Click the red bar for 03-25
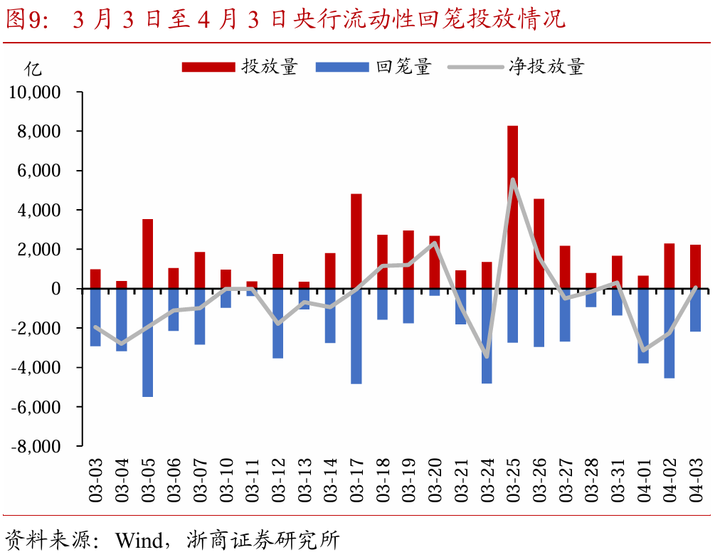512,206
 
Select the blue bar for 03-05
147,342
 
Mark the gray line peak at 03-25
512,179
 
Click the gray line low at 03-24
487,356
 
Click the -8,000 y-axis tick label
35,446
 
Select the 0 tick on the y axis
56,289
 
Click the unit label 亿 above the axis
33,68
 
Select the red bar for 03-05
147,254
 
